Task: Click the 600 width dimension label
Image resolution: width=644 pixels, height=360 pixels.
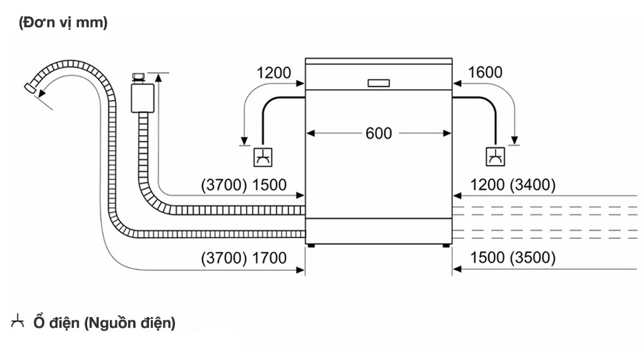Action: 378,133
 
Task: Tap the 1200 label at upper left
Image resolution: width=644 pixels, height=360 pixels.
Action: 274,73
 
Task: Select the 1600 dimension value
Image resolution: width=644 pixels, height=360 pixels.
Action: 486,73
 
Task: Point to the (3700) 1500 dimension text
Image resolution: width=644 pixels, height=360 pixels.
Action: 244,185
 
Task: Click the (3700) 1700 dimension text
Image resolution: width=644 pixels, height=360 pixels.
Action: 244,258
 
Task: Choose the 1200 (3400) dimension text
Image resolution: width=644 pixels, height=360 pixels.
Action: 513,185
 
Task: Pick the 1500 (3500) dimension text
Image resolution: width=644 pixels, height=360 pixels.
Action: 513,258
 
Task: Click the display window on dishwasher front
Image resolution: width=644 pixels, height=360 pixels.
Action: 378,83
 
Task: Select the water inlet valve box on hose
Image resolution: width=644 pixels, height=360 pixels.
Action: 138,99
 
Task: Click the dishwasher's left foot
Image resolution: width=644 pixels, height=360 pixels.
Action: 309,244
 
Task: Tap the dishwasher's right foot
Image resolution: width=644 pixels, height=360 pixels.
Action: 448,244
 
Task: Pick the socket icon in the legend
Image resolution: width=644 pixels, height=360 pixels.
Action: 18,322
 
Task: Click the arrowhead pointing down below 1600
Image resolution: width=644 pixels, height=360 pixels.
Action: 515,140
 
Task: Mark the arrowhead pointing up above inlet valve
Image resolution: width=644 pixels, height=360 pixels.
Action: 158,77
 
